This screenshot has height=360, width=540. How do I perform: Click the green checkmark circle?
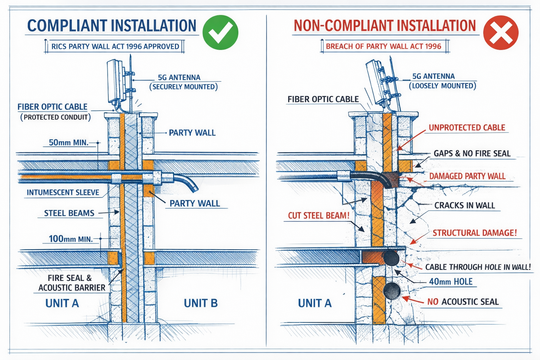(x=220, y=32)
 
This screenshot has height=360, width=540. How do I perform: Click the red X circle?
(x=501, y=33)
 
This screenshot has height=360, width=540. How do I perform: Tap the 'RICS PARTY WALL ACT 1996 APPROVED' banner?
(x=115, y=46)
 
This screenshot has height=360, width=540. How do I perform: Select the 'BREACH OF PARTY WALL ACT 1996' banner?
(x=384, y=46)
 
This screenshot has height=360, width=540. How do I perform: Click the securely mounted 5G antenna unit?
(x=116, y=82)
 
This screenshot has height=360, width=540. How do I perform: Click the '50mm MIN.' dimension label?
(x=69, y=143)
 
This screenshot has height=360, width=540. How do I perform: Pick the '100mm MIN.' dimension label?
(x=71, y=239)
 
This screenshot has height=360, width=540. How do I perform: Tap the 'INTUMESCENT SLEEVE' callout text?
(x=63, y=193)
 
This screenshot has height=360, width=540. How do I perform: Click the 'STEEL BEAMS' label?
(x=69, y=213)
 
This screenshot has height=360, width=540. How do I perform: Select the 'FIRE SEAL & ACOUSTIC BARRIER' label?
(x=71, y=283)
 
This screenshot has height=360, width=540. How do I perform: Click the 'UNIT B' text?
(x=201, y=303)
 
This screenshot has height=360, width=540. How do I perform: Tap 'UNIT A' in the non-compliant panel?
(x=315, y=303)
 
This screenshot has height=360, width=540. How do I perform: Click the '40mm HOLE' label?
(x=451, y=282)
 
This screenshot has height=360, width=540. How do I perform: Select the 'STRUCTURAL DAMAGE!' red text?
(x=475, y=233)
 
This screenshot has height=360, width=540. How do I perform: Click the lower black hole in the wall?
(x=392, y=291)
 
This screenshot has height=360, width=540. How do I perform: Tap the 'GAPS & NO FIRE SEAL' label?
(x=472, y=154)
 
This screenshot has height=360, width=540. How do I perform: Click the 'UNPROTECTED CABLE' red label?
(x=467, y=128)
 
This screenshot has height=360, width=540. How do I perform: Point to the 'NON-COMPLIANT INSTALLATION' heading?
(x=385, y=26)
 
